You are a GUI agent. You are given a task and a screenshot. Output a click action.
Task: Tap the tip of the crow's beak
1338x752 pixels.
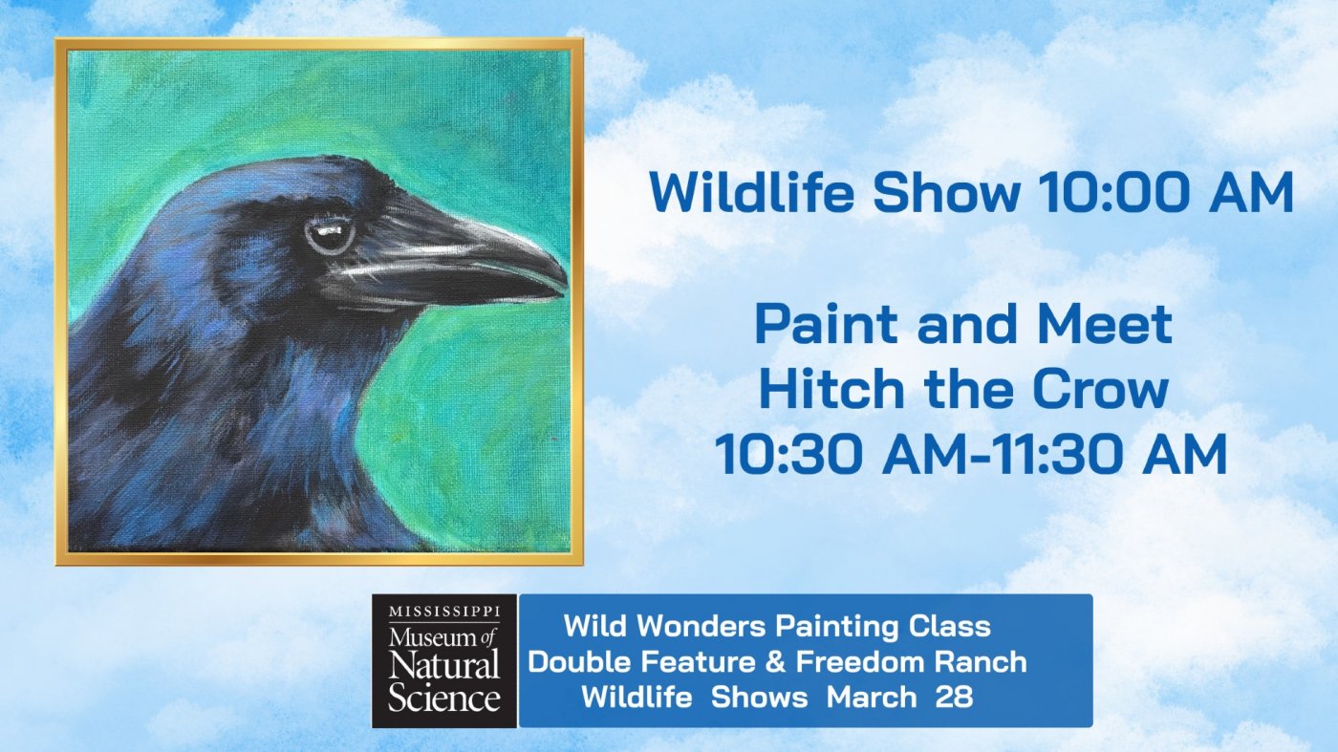tap(565, 283)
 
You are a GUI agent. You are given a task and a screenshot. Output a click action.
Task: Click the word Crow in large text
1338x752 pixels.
tap(1100, 390)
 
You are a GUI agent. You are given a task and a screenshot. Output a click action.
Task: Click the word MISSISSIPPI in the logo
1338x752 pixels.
tap(444, 611)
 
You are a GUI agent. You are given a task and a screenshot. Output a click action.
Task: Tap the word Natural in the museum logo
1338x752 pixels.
tap(443, 665)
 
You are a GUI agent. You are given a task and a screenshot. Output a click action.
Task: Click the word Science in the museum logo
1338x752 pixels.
tap(444, 697)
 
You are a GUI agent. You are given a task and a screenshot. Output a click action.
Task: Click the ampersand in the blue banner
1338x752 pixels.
tap(775, 662)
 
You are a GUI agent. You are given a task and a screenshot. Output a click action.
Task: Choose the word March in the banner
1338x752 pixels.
tap(872, 697)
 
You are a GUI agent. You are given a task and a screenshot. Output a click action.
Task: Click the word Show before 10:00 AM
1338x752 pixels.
tap(946, 192)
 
